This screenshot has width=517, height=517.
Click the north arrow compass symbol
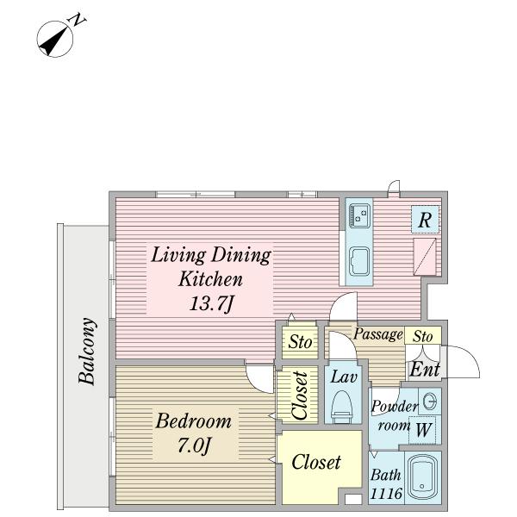point(54,40)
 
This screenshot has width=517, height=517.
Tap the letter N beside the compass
point(77,20)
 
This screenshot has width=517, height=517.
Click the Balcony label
point(87,352)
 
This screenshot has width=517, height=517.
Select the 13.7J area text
point(211,303)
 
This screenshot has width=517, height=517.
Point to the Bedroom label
point(194,421)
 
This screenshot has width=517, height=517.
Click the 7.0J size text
point(194,445)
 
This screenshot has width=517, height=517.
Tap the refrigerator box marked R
point(425,219)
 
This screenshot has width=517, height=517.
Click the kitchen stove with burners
point(359,215)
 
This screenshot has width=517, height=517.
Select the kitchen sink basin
point(359,261)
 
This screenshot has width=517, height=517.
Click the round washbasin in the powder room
point(430,402)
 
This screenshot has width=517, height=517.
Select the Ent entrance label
point(424,370)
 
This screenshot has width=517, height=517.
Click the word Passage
point(378,334)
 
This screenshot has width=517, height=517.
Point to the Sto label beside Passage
point(423,336)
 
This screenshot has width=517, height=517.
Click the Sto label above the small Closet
point(300,341)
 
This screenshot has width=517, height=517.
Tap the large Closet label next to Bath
point(316,462)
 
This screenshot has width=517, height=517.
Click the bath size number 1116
point(386,493)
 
